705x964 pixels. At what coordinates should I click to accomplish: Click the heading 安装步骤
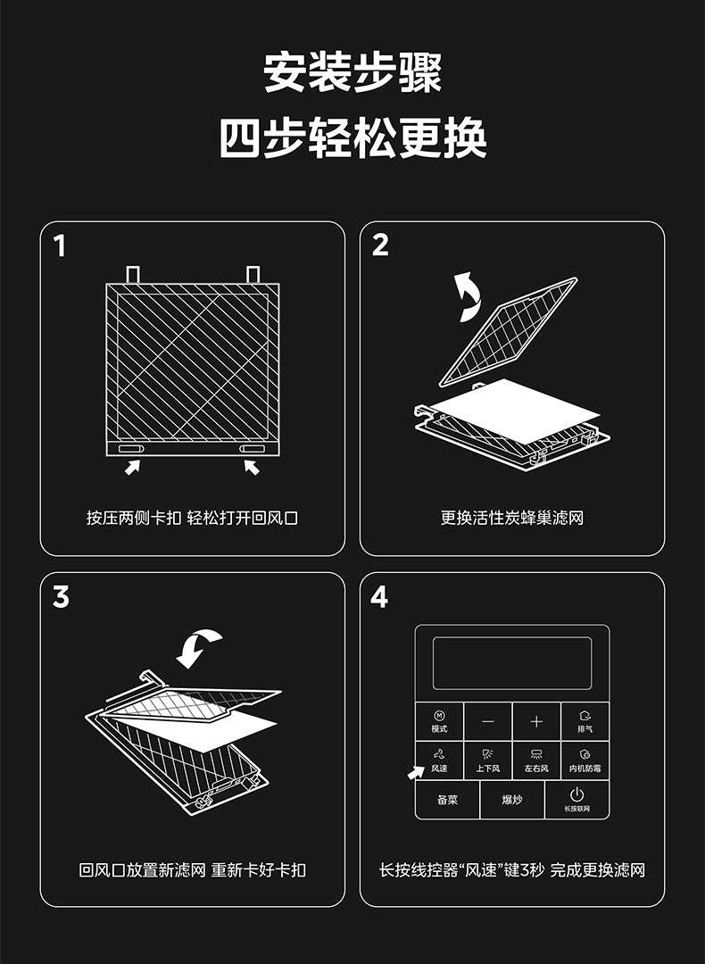[x=352, y=72]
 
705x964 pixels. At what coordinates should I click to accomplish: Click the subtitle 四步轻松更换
[x=352, y=137]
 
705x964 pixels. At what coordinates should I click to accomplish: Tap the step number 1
[x=60, y=246]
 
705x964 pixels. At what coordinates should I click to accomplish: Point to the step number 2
[x=380, y=245]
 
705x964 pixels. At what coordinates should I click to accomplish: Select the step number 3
[x=61, y=597]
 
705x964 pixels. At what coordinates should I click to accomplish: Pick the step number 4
[x=379, y=597]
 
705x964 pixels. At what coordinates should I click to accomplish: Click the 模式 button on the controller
[x=439, y=721]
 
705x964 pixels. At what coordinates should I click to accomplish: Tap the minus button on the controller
[x=488, y=721]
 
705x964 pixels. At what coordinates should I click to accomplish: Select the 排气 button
[x=585, y=721]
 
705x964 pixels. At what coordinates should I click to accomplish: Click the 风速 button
[x=439, y=760]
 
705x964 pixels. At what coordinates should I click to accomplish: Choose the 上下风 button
[x=488, y=760]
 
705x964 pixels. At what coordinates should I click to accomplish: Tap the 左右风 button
[x=536, y=760]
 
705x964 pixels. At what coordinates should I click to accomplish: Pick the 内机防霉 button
[x=585, y=760]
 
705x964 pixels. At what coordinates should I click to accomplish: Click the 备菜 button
[x=447, y=800]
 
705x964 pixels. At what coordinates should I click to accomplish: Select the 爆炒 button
[x=512, y=800]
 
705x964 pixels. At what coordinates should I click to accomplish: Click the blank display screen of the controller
[x=512, y=662]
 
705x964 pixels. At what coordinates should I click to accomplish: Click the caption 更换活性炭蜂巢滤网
[x=512, y=518]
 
